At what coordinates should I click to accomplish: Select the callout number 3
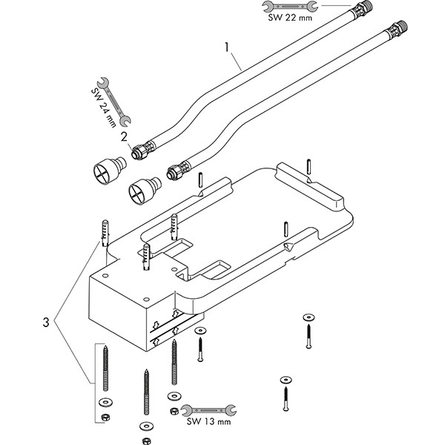[46, 323]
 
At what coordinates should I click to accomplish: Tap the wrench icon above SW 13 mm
[208, 409]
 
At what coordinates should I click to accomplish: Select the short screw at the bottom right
[285, 392]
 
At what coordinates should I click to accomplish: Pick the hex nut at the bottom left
[105, 417]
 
